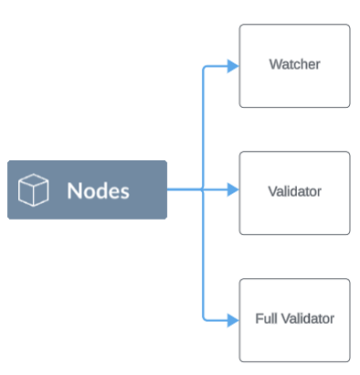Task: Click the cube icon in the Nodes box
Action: pyautogui.click(x=34, y=190)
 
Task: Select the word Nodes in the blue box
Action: pyautogui.click(x=98, y=190)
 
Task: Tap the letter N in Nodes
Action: pyautogui.click(x=73, y=190)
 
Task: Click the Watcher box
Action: pyautogui.click(x=293, y=66)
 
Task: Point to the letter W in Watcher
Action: pyautogui.click(x=274, y=65)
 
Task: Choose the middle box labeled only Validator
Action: pyautogui.click(x=293, y=192)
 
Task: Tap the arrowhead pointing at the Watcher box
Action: pyautogui.click(x=232, y=66)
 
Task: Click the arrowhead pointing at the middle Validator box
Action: pyautogui.click(x=232, y=190)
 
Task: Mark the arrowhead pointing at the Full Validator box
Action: pyautogui.click(x=232, y=319)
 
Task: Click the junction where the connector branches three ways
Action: pyautogui.click(x=202, y=190)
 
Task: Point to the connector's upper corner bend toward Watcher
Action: pyautogui.click(x=203, y=67)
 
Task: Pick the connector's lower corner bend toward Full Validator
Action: pyautogui.click(x=203, y=318)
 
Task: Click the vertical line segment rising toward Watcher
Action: pyautogui.click(x=202, y=128)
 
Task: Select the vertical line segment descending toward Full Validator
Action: pyautogui.click(x=202, y=256)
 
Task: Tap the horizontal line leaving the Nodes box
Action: pyautogui.click(x=184, y=190)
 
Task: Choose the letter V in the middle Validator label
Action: pyautogui.click(x=272, y=192)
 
